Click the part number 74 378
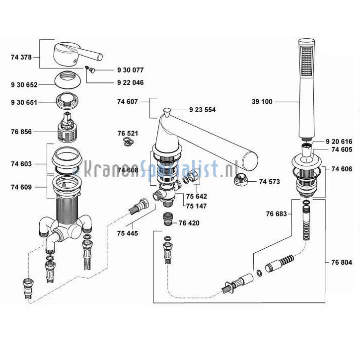click(21, 57)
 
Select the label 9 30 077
click(130, 70)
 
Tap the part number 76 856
click(21, 132)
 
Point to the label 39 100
click(262, 102)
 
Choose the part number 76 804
click(342, 262)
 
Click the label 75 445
click(128, 233)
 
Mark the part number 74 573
click(270, 182)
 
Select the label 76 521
click(128, 134)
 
